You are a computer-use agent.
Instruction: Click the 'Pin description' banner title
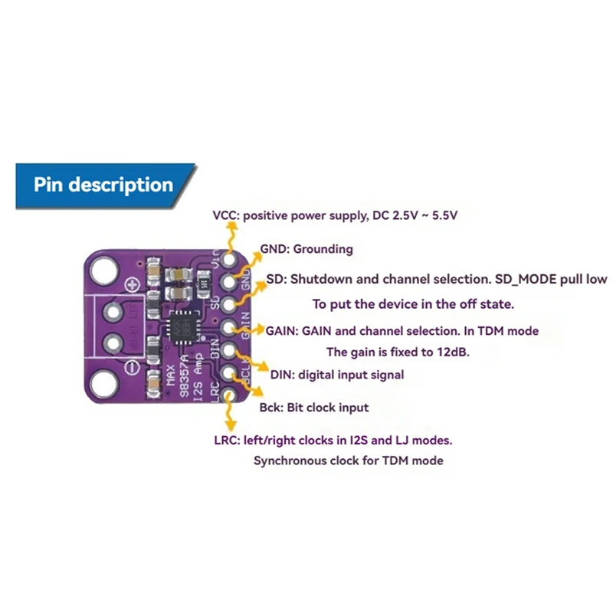point(103,185)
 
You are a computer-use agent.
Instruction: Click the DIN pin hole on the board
point(228,351)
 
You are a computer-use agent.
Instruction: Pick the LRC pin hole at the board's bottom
point(228,394)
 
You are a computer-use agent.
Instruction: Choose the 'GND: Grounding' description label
point(306,248)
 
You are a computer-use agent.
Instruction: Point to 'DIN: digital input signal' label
point(337,375)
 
